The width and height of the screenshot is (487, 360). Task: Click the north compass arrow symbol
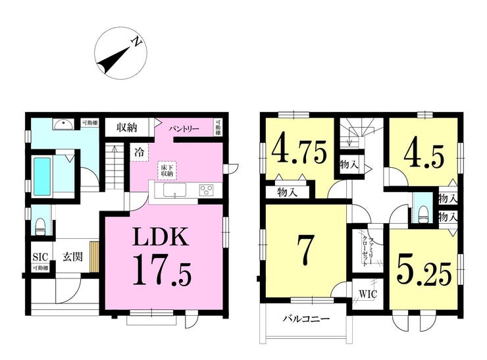click(x=118, y=53)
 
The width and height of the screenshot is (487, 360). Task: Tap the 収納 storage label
click(x=128, y=126)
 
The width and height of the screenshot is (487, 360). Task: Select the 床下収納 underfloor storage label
click(x=165, y=169)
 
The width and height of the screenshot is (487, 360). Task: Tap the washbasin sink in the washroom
click(x=63, y=124)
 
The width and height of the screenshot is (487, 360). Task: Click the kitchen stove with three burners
click(x=207, y=190)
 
